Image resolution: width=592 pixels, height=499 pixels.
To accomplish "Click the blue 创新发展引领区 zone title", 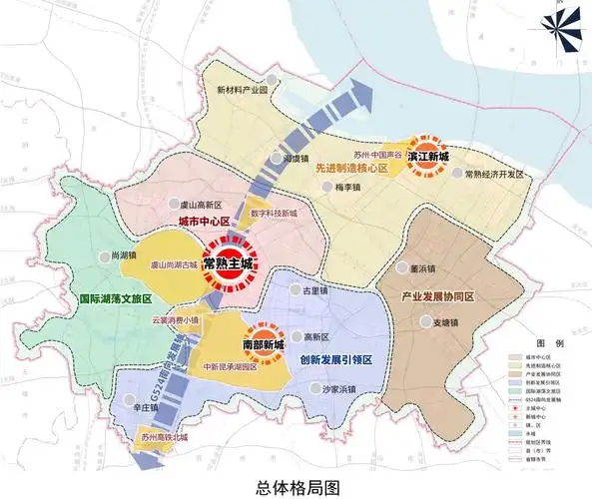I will click(x=334, y=359).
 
